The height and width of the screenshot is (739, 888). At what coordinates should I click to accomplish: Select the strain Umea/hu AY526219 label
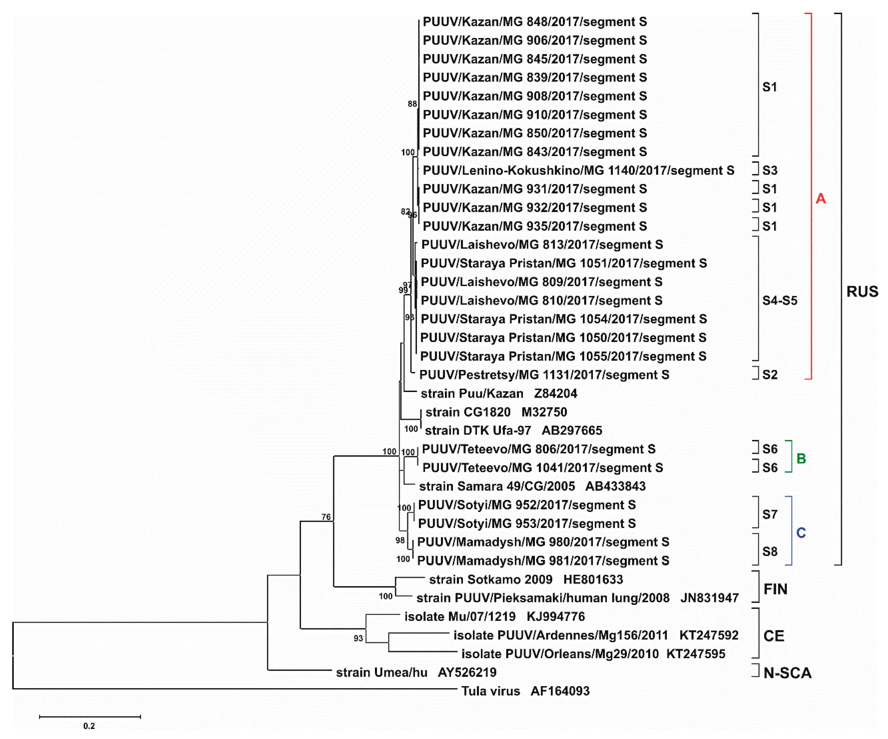(416, 673)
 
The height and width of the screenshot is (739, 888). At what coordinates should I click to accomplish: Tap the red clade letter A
(820, 198)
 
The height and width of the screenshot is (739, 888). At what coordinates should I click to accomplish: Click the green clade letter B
(801, 458)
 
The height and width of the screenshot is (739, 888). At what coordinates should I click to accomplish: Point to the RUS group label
(862, 292)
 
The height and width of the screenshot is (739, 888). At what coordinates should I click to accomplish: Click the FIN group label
(775, 589)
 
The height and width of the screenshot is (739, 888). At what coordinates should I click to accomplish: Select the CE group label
(773, 636)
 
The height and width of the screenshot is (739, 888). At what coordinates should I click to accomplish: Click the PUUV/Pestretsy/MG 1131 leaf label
(544, 375)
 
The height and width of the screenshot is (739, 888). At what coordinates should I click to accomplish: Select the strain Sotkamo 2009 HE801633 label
(526, 579)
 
